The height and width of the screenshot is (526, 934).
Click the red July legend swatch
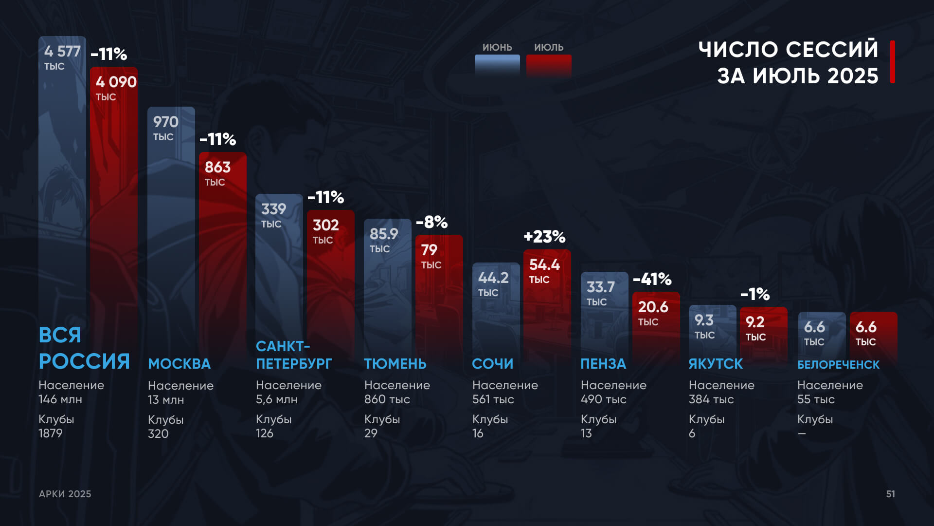pos(549,66)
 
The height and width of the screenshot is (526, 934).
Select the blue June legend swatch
pos(497,66)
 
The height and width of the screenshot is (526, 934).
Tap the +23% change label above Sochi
pos(544,237)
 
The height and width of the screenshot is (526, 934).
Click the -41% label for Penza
pos(652,280)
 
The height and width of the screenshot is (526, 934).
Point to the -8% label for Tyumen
pos(431,223)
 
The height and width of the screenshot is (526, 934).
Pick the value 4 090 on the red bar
pos(116,82)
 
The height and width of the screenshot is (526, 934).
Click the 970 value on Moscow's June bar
pos(166,122)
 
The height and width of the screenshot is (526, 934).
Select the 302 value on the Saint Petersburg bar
pos(325,225)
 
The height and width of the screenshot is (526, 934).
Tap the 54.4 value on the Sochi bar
pos(544,265)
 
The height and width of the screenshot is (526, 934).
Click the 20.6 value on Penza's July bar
pos(653,307)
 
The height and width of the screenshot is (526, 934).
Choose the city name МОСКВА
pos(179,364)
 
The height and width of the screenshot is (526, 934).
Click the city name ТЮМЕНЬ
pos(395,364)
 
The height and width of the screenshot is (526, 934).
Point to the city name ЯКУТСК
pos(716,364)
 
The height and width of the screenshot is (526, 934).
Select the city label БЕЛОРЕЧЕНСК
pos(838,365)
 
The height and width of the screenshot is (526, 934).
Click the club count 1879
pos(51,433)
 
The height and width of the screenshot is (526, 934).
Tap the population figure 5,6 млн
pos(276,399)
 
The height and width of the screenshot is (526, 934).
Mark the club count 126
pos(265,433)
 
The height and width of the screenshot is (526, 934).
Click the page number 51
pos(890,494)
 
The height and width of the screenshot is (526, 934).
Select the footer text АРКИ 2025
pos(65,494)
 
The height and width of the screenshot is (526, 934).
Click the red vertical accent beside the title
pos(893,62)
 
